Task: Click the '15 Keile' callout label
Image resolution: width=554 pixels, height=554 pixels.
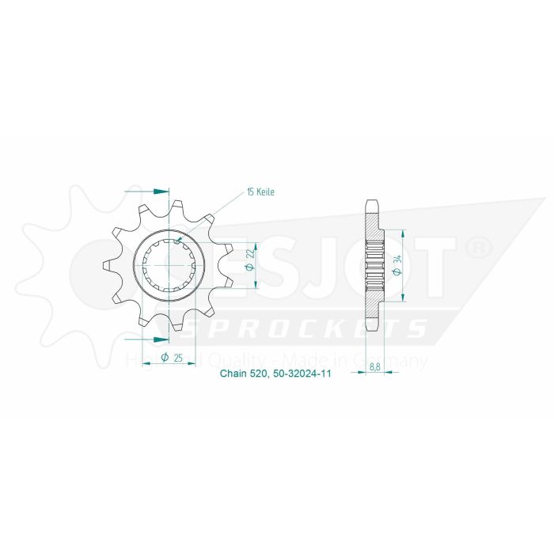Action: pos(260,192)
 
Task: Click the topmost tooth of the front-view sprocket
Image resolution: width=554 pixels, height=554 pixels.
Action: pos(173,207)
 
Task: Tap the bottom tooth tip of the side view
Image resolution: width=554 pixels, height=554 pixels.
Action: pos(373,332)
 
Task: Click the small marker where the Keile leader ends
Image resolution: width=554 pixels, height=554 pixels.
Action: pos(180,240)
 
